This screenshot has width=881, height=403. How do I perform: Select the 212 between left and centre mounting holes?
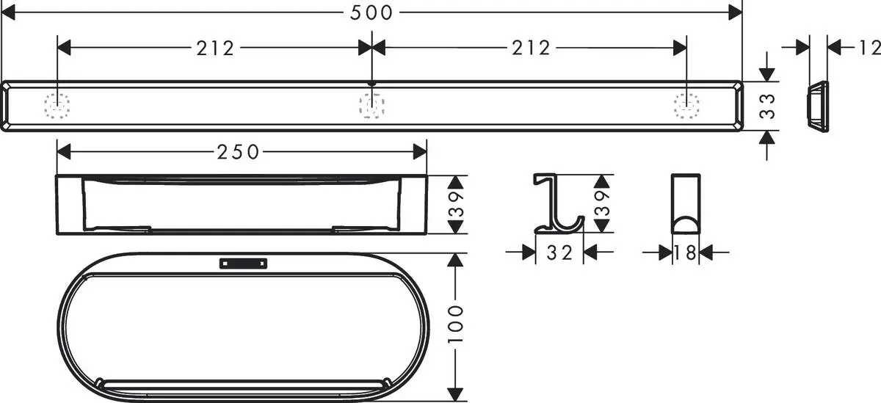pos(214,48)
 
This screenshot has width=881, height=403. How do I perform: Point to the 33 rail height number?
pos(767,106)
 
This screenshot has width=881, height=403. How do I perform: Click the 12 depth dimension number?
pos(868,48)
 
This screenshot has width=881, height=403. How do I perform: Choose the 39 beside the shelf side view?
pos(457,204)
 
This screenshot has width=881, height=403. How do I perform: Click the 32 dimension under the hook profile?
pos(559,253)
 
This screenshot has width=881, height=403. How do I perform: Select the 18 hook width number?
pos(686,253)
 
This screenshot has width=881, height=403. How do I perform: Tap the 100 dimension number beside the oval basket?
pos(457,324)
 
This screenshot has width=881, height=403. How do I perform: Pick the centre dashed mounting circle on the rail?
pos(371,106)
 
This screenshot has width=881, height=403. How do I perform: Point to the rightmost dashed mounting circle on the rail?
pos(686,106)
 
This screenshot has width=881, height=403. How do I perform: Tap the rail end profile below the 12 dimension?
pos(816,106)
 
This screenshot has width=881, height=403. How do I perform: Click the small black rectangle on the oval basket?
pos(243,263)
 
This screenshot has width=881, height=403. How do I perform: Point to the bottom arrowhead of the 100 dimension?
pos(457,394)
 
